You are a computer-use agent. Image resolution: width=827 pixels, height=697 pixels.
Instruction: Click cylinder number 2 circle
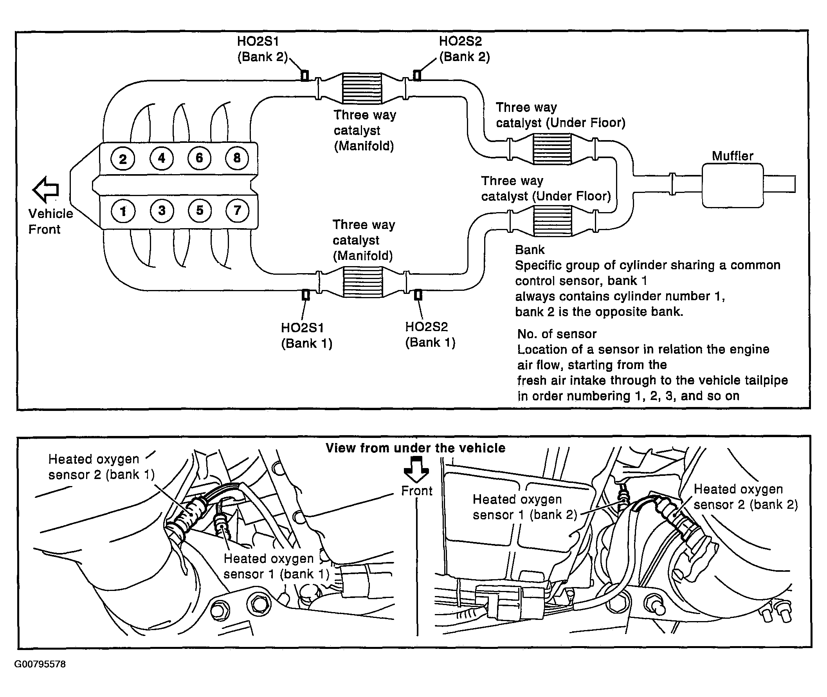[x=123, y=159]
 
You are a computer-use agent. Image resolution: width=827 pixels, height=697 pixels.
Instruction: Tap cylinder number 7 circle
[x=237, y=210]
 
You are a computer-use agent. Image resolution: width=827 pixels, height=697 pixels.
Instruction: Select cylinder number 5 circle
[x=200, y=210]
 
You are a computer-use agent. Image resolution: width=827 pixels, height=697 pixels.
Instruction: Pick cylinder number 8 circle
[x=237, y=158]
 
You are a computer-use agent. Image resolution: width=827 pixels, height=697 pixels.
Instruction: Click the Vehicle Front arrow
[x=46, y=189]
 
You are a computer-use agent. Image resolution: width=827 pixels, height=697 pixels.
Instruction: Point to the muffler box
[x=733, y=186]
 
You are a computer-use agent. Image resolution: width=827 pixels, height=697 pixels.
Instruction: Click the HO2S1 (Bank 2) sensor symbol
[x=304, y=75]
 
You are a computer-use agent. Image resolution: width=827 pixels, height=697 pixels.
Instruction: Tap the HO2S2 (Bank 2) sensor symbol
[x=417, y=75]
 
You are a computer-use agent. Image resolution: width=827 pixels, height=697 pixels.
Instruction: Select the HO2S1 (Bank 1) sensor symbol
[x=305, y=295]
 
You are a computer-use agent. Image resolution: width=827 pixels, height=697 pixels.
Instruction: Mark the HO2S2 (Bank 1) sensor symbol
[x=418, y=295]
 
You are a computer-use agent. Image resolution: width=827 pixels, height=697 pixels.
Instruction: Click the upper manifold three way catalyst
[x=362, y=88]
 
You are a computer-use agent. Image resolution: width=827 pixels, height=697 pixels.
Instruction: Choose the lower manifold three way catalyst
[x=363, y=282]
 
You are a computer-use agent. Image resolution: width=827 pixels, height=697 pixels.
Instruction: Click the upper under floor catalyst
[x=552, y=149]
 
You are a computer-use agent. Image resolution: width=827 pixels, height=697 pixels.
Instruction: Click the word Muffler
[x=733, y=156]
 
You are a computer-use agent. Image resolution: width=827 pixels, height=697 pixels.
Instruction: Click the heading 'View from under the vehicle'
[x=416, y=448]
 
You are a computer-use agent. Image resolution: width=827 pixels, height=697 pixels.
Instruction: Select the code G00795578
[x=40, y=664]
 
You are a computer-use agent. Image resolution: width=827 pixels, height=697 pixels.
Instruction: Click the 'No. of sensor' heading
[x=557, y=334]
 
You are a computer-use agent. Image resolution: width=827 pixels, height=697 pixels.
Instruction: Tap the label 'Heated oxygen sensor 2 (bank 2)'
[x=746, y=497]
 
